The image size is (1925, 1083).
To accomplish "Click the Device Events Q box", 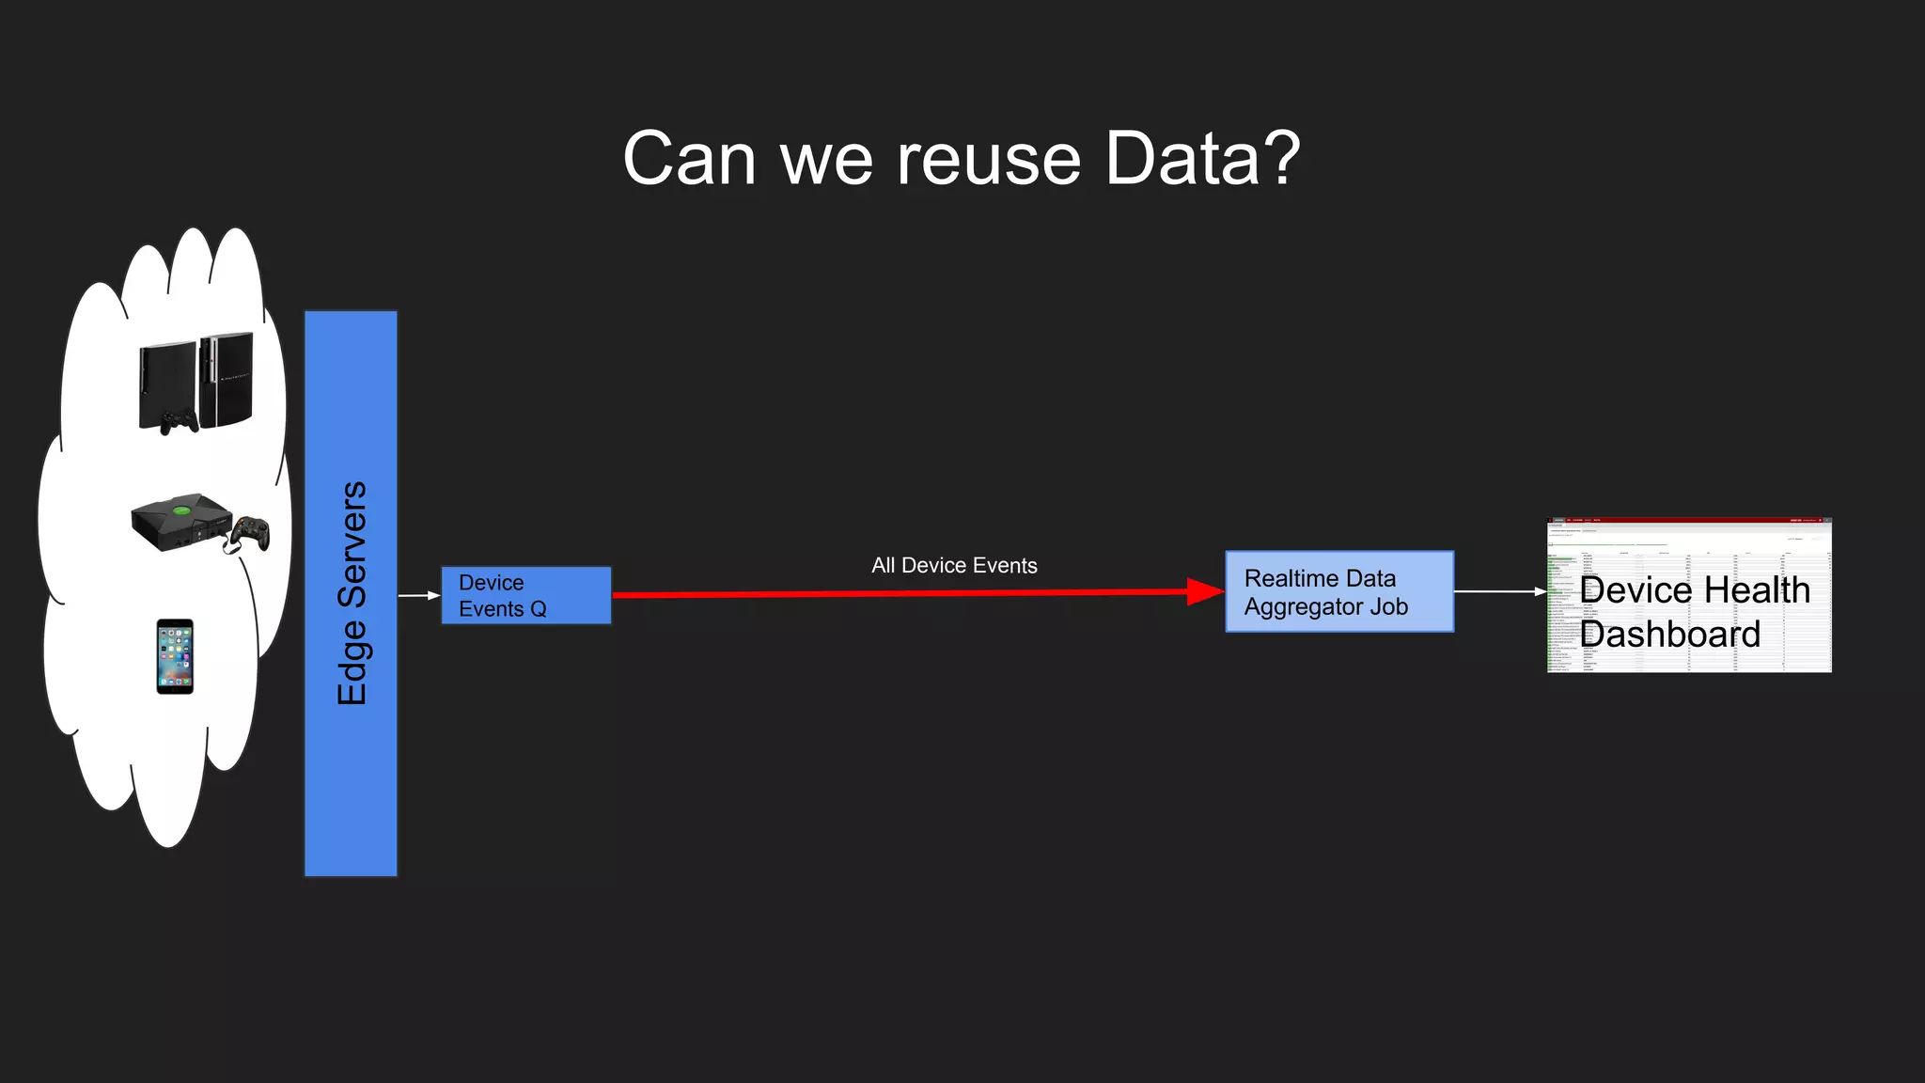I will (x=525, y=595).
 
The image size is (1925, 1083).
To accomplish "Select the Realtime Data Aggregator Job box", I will (x=1338, y=591).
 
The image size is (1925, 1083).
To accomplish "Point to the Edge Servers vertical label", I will (x=352, y=593).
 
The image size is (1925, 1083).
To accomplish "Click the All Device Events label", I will (x=954, y=565).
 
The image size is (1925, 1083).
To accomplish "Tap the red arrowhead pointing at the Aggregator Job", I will (x=1205, y=591).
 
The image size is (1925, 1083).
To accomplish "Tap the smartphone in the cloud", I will (x=175, y=656).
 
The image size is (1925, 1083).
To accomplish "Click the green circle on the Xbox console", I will (x=181, y=511).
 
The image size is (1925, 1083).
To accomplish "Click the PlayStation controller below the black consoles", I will (x=179, y=422).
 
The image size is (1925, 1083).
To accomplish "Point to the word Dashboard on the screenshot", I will (x=1669, y=635).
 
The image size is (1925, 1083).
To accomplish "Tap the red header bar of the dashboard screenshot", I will (x=1689, y=520).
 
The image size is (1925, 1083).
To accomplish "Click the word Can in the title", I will (x=689, y=160).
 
